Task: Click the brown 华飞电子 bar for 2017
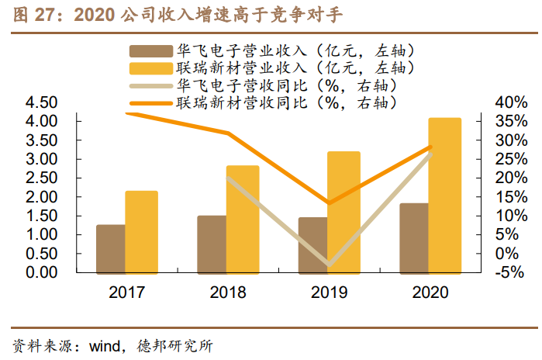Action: point(110,248)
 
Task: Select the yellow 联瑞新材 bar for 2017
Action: point(141,231)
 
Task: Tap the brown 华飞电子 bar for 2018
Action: point(211,244)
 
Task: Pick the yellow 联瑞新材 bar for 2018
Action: point(243,219)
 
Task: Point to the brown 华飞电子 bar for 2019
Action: point(312,244)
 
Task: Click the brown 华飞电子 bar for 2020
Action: point(413,237)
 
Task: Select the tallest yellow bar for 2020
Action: point(445,195)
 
